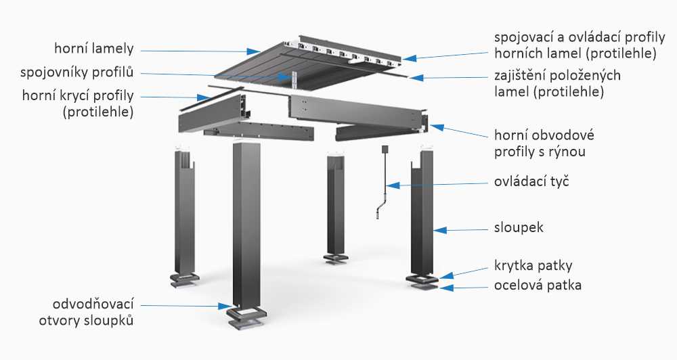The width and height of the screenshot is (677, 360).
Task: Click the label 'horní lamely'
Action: pos(95,49)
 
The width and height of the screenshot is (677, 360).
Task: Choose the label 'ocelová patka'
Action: pos(538,286)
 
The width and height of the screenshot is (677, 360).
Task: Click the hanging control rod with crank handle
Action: pos(383,183)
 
